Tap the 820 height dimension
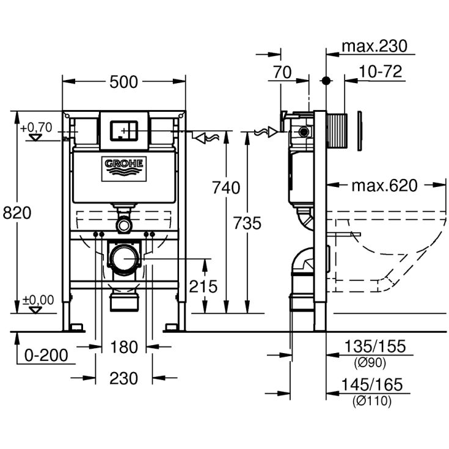(x=17, y=213)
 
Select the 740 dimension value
(x=227, y=188)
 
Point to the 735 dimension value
(x=247, y=224)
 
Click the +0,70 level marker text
(x=37, y=128)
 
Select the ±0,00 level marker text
(x=38, y=300)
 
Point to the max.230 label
(x=374, y=46)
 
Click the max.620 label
(x=384, y=185)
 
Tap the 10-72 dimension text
(x=380, y=72)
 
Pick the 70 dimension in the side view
(x=282, y=72)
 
